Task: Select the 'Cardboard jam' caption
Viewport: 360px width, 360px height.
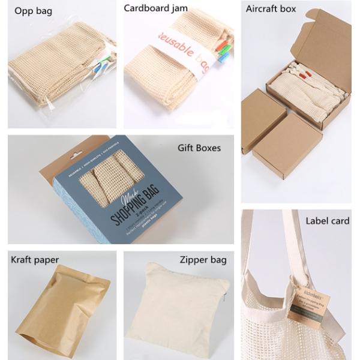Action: pos(155,8)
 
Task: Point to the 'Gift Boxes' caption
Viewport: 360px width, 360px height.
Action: pos(199,148)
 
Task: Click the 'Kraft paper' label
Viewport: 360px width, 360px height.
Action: pos(34,260)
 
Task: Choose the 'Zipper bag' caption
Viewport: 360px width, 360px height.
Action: pos(203,260)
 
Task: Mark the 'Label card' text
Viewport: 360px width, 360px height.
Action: pos(327,221)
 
